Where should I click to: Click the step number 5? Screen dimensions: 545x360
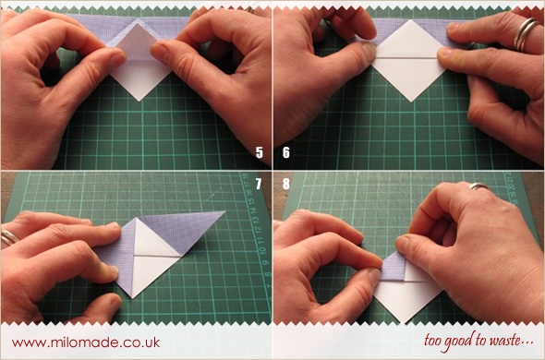[260, 152]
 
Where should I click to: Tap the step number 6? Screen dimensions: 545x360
[286, 152]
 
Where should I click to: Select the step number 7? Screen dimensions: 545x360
[259, 184]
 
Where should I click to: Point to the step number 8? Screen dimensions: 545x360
[286, 184]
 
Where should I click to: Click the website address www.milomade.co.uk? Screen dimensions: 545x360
[86, 342]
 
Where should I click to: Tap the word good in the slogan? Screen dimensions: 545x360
[458, 341]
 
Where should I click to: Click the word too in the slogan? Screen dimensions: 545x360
[433, 341]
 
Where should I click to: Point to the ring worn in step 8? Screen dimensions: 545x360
[479, 186]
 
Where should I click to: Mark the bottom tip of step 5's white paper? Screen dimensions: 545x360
[139, 102]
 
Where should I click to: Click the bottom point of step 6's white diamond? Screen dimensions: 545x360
[412, 102]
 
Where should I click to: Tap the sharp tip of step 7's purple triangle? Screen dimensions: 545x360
[225, 211]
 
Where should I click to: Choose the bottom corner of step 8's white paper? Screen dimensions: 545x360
[404, 322]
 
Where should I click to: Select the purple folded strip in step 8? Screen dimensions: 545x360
[394, 267]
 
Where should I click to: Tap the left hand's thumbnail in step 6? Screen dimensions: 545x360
[369, 51]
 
